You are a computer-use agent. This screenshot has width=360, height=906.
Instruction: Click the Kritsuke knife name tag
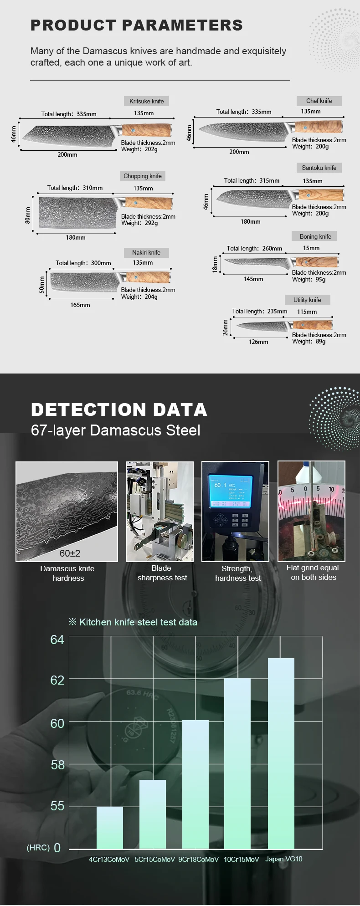(x=146, y=101)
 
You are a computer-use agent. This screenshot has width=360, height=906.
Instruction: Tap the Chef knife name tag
(x=319, y=101)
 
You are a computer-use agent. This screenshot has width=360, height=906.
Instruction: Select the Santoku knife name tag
(x=319, y=168)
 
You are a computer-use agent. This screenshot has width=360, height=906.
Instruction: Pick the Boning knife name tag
(x=315, y=236)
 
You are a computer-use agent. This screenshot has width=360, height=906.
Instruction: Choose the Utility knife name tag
(x=307, y=300)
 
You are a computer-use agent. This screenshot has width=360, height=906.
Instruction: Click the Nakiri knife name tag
(x=146, y=252)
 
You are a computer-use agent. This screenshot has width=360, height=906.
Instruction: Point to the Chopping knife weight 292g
(x=139, y=223)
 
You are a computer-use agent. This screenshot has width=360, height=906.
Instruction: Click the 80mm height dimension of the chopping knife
(x=27, y=215)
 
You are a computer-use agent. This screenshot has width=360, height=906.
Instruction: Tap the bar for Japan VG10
(x=281, y=753)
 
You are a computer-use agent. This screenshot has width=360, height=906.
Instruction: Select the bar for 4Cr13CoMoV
(x=110, y=828)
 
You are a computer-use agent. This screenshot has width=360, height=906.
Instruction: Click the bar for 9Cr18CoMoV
(x=195, y=784)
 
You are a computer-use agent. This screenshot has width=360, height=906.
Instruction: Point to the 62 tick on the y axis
(x=57, y=680)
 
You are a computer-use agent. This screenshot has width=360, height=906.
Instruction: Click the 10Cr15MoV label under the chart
(x=241, y=859)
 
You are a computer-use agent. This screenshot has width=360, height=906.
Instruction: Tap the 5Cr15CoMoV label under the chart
(x=154, y=859)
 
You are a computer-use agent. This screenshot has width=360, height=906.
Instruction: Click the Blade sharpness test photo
(x=159, y=511)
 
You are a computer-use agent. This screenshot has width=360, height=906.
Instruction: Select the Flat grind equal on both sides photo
(x=312, y=511)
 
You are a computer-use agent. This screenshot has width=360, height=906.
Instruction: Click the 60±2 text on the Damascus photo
(x=70, y=553)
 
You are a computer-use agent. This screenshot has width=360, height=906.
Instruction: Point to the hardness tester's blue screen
(x=230, y=491)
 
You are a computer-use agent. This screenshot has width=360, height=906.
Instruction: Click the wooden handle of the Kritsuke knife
(x=147, y=130)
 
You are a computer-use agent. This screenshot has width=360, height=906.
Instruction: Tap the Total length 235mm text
(x=259, y=312)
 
